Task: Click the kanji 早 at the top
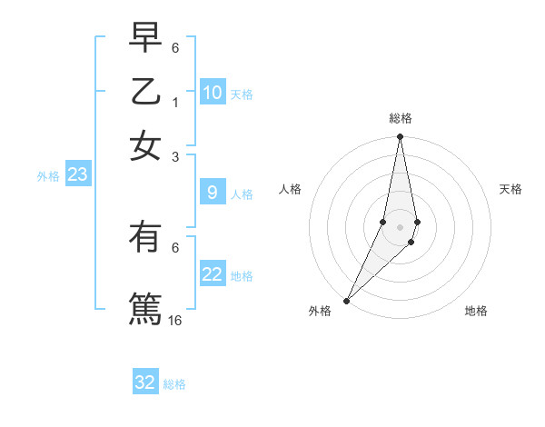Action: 144,38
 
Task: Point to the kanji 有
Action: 144,238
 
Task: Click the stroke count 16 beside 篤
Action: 175,320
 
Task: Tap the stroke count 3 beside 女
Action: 175,156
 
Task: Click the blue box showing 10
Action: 212,93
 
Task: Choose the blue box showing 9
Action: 212,193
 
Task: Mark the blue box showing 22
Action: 212,274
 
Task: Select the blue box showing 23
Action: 77,175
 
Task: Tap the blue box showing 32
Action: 145,382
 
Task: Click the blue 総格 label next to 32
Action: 174,384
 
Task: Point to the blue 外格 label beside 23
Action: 47,176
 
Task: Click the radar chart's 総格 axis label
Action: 400,118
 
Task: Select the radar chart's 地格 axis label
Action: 476,312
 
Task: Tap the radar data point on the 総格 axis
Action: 400,137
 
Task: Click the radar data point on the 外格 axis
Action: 347,300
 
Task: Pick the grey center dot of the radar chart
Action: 400,227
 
